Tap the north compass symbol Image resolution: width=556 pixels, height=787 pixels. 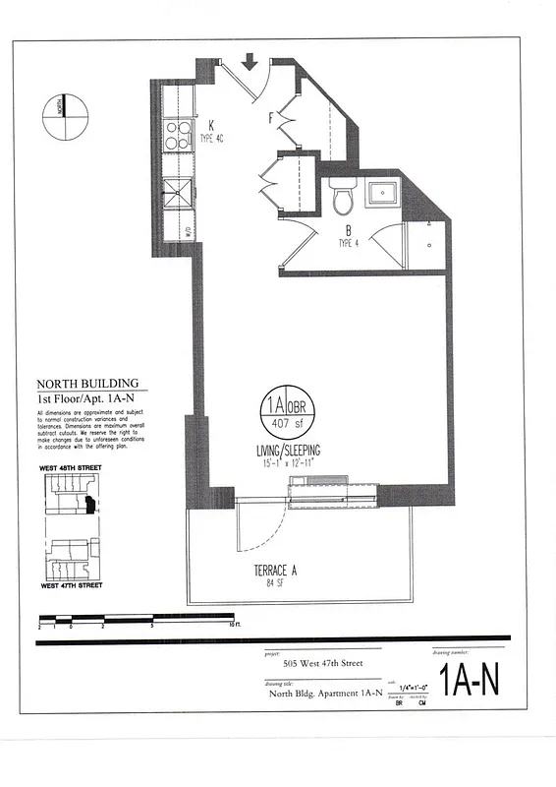(61, 108)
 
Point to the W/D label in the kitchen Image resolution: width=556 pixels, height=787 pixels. (189, 232)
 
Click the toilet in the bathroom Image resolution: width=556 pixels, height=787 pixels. (342, 197)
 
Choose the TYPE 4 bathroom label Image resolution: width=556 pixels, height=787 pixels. (350, 242)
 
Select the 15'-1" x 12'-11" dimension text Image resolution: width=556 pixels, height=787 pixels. (285, 463)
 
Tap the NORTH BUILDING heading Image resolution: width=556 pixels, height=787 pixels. (87, 384)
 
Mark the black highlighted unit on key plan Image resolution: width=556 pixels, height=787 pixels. (89, 507)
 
